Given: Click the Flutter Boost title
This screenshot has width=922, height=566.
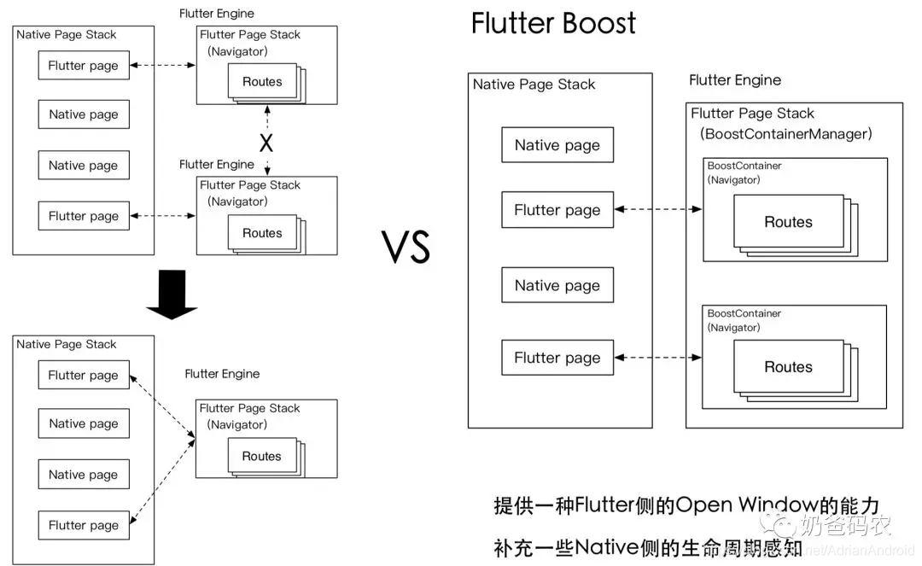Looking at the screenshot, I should point(553,23).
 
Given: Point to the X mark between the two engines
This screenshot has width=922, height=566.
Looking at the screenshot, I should point(266,143).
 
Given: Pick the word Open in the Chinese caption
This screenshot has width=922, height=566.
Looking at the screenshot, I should point(703,505).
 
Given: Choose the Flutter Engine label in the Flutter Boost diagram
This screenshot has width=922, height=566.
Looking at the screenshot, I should point(735,80).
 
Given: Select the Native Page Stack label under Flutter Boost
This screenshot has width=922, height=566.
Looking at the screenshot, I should point(534,85).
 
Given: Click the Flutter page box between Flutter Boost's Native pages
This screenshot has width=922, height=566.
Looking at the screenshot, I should point(557,210).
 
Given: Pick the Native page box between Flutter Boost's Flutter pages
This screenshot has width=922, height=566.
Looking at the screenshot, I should point(557,285).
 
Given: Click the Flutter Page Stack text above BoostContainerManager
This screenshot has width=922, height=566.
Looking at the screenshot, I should point(752,114).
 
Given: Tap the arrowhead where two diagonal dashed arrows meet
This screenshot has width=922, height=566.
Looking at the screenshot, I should point(194,439).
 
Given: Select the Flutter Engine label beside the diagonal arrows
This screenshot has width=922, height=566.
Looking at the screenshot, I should point(222,374).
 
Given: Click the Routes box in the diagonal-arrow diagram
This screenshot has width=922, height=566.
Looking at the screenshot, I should point(261,456).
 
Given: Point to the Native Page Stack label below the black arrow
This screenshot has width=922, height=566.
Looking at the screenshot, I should point(66,344).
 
